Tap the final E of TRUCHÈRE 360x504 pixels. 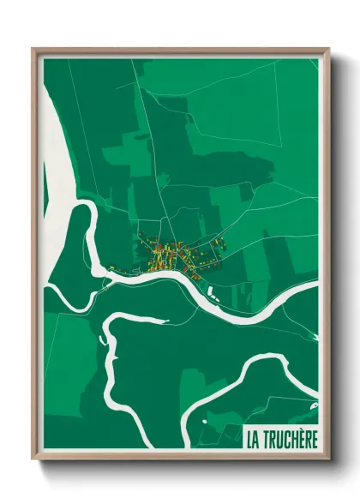pos(315,440)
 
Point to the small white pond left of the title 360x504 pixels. pos(205,421)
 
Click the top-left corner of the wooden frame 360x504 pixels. pos(33,50)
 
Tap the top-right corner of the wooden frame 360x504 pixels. pos(328,50)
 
